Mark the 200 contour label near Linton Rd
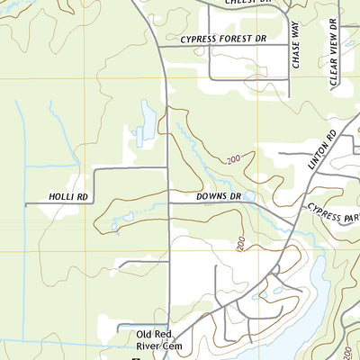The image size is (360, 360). click(x=235, y=158)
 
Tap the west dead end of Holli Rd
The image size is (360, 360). click(x=26, y=204)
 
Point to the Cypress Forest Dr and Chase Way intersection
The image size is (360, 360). click(x=288, y=46)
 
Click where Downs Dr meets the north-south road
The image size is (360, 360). click(x=168, y=202)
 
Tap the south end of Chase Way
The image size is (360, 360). click(x=288, y=97)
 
